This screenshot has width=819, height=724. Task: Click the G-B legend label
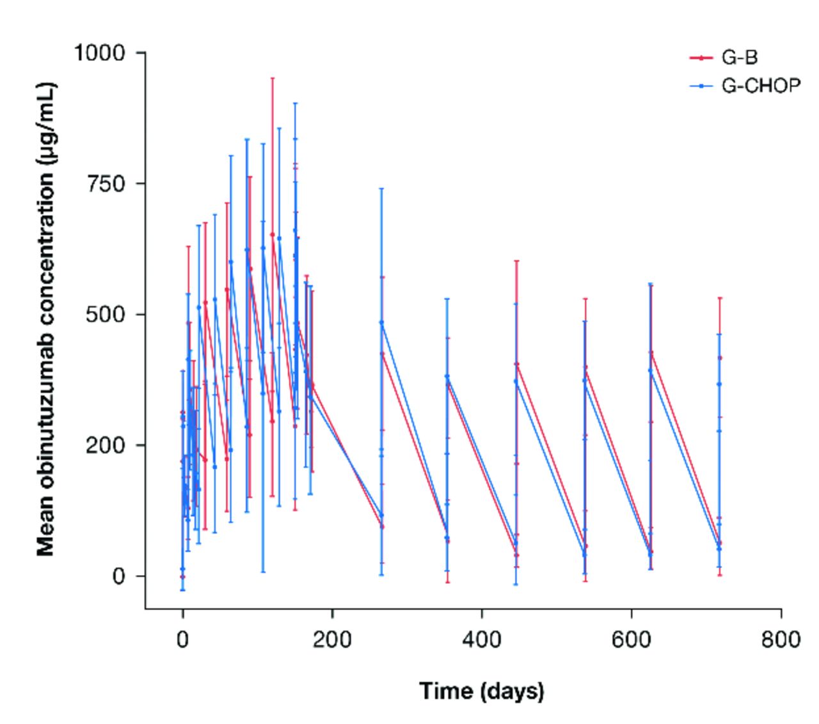(740, 58)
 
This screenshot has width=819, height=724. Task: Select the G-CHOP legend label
(761, 85)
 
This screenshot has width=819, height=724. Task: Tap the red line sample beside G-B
(701, 58)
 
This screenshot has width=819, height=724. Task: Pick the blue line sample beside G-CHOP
(701, 85)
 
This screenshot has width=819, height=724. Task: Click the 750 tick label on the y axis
(106, 184)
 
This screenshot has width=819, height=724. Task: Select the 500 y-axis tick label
(106, 315)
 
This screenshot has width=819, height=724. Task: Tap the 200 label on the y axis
(106, 445)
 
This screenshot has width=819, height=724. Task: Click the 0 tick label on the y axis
(120, 576)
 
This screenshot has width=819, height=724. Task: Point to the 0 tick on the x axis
(183, 639)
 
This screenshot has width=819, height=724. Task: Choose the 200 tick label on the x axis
(332, 639)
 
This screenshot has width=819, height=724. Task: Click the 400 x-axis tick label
(481, 639)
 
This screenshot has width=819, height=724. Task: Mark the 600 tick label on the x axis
(632, 639)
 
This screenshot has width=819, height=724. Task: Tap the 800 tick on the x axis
(781, 639)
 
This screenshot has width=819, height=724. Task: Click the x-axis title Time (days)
(481, 691)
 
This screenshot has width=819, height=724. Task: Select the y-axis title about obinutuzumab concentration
(45, 318)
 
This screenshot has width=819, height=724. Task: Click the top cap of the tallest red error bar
(273, 78)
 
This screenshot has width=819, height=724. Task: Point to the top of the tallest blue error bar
(295, 103)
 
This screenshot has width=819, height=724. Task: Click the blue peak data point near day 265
(381, 322)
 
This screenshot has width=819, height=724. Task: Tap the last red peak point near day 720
(720, 358)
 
